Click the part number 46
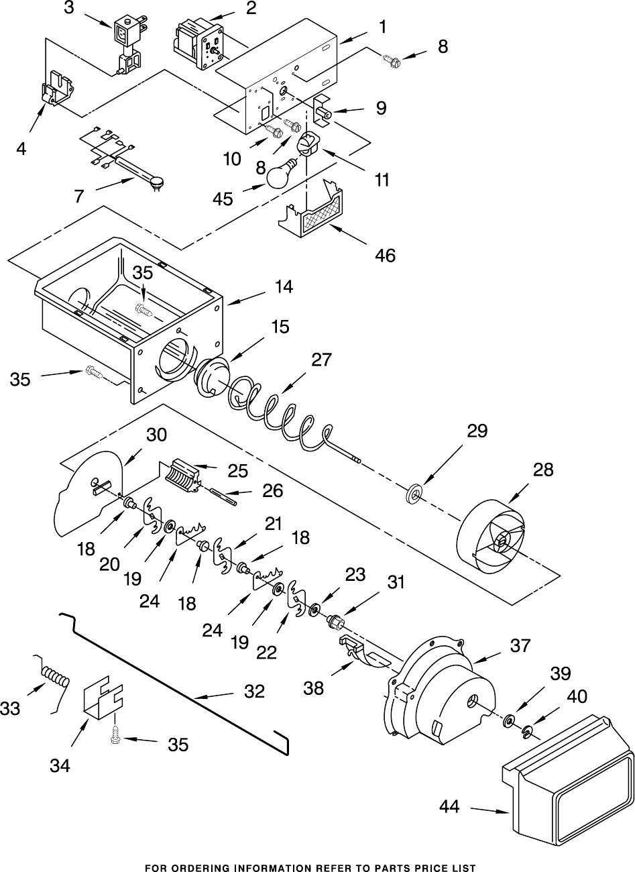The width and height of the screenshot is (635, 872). pyautogui.click(x=385, y=256)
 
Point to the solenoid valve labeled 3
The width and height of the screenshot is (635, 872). pyautogui.click(x=127, y=43)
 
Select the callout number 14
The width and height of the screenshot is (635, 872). pyautogui.click(x=284, y=287)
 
